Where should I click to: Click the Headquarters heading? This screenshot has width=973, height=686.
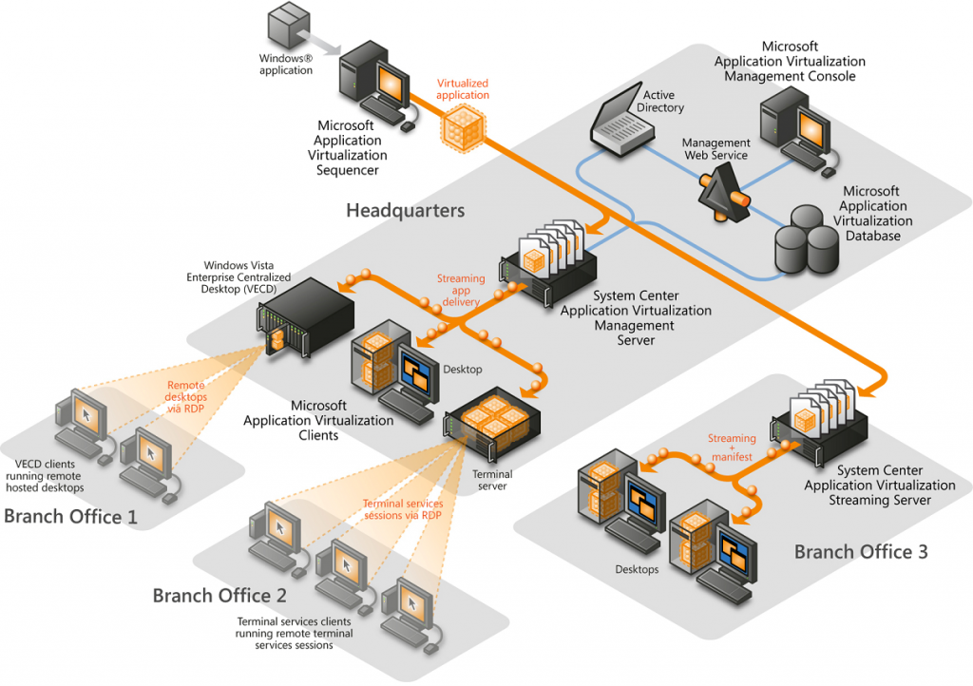tap(405, 210)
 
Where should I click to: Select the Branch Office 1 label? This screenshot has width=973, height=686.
tap(70, 517)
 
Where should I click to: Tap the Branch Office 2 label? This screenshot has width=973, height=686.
tap(219, 596)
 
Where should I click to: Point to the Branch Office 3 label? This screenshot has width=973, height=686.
tap(861, 551)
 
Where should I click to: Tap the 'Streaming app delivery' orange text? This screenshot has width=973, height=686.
tap(461, 291)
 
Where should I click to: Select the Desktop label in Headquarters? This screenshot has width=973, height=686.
tap(463, 369)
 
